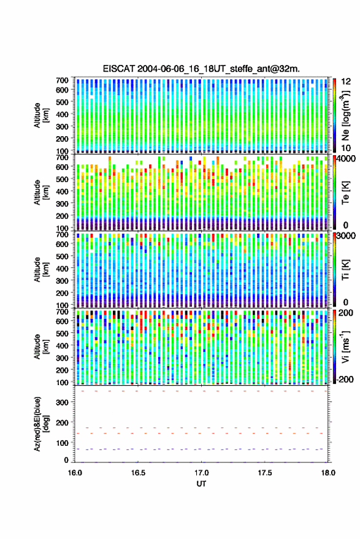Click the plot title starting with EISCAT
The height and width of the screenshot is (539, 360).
pyautogui.click(x=201, y=69)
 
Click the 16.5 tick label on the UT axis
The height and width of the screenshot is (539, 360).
pyautogui.click(x=138, y=473)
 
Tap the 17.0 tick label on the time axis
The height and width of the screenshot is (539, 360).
pyautogui.click(x=202, y=473)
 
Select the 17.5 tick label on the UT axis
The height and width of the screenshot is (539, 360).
pyautogui.click(x=265, y=473)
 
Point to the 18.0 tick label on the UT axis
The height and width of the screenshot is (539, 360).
pyautogui.click(x=328, y=473)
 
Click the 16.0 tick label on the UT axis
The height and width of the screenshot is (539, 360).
pyautogui.click(x=75, y=473)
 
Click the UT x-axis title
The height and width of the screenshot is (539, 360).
pyautogui.click(x=201, y=484)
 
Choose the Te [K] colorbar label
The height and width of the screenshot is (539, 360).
pyautogui.click(x=345, y=193)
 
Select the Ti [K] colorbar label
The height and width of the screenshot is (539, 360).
pyautogui.click(x=345, y=270)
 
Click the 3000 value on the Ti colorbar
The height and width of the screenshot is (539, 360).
pyautogui.click(x=346, y=236)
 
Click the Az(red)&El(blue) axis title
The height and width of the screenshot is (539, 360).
pyautogui.click(x=41, y=424)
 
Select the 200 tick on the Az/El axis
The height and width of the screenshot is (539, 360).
pyautogui.click(x=63, y=423)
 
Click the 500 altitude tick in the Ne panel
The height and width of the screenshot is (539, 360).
pyautogui.click(x=62, y=102)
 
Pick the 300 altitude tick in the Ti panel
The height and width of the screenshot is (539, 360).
pyautogui.click(x=62, y=281)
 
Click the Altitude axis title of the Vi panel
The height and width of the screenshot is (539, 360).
pyautogui.click(x=41, y=346)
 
